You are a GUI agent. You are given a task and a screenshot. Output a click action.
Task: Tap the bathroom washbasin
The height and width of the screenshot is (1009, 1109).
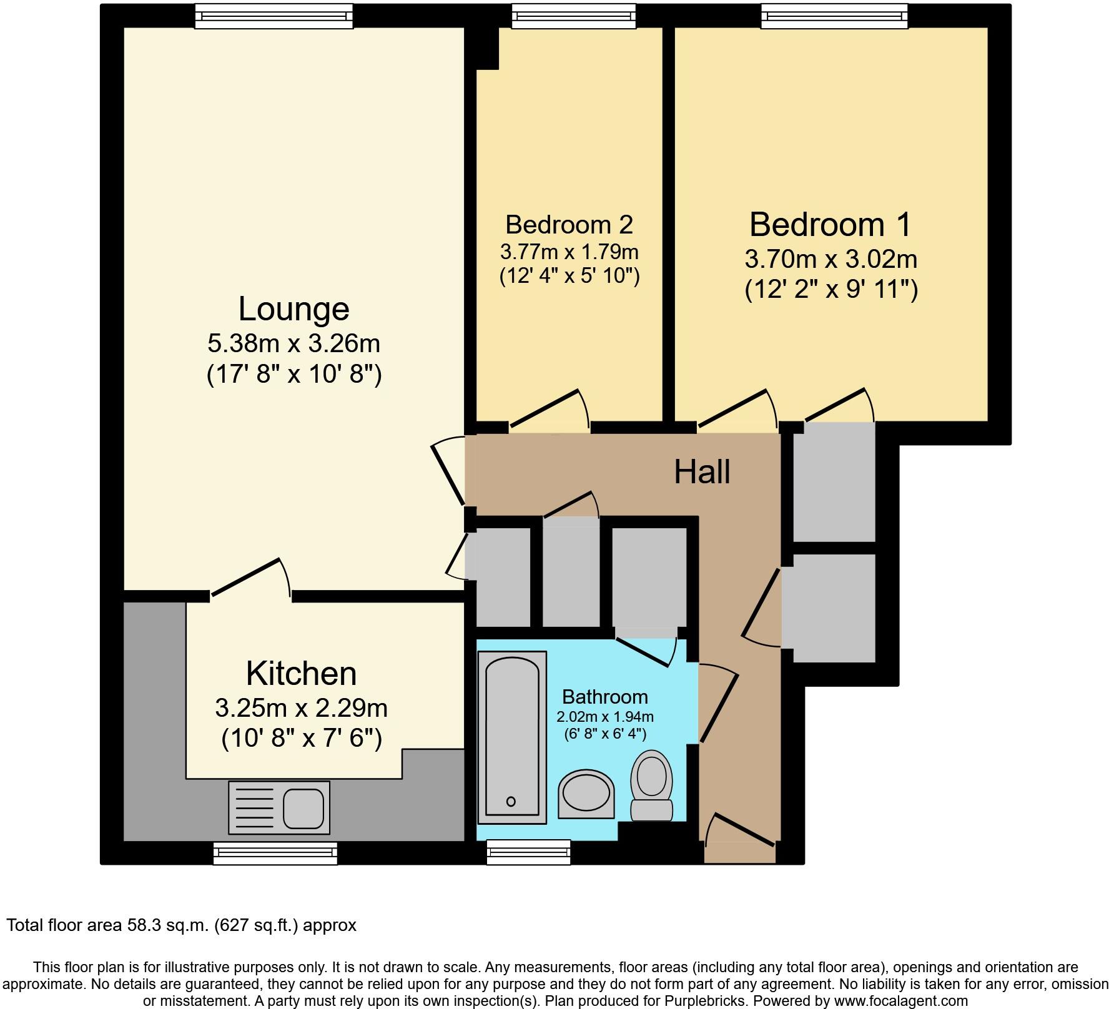[x=586, y=794]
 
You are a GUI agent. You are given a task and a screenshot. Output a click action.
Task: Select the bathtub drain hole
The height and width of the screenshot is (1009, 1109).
[x=511, y=801]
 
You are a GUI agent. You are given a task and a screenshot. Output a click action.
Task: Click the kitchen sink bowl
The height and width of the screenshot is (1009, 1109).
[x=303, y=807]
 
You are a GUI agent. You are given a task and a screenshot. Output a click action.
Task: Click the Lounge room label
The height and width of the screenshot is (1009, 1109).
[x=293, y=309]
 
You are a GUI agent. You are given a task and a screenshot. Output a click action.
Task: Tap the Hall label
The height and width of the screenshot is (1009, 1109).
[x=702, y=471]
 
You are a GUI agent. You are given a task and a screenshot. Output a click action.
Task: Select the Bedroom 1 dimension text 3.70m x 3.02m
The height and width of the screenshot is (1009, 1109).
[x=831, y=258]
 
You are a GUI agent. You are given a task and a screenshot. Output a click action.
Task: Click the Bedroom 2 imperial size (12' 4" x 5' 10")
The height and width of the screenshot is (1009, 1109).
[x=569, y=275]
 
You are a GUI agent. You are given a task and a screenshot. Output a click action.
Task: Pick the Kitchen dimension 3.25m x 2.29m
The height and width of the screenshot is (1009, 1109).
[x=301, y=708]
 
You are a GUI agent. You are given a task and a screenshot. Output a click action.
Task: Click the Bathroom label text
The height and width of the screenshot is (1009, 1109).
[x=604, y=696]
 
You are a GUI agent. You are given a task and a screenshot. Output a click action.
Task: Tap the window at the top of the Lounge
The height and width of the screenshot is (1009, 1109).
[x=274, y=16]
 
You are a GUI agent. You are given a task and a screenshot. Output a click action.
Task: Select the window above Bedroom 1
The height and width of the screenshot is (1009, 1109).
[x=834, y=16]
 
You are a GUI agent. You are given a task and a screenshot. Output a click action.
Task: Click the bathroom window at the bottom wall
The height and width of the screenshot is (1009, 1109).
[x=528, y=852]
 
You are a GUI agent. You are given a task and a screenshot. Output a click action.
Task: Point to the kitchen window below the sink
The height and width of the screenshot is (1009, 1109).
[x=275, y=853]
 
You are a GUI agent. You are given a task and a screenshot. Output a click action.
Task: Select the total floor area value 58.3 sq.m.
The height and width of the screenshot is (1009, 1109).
[x=165, y=925]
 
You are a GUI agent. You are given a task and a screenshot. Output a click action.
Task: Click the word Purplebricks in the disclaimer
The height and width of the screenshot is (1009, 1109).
[x=711, y=1001]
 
